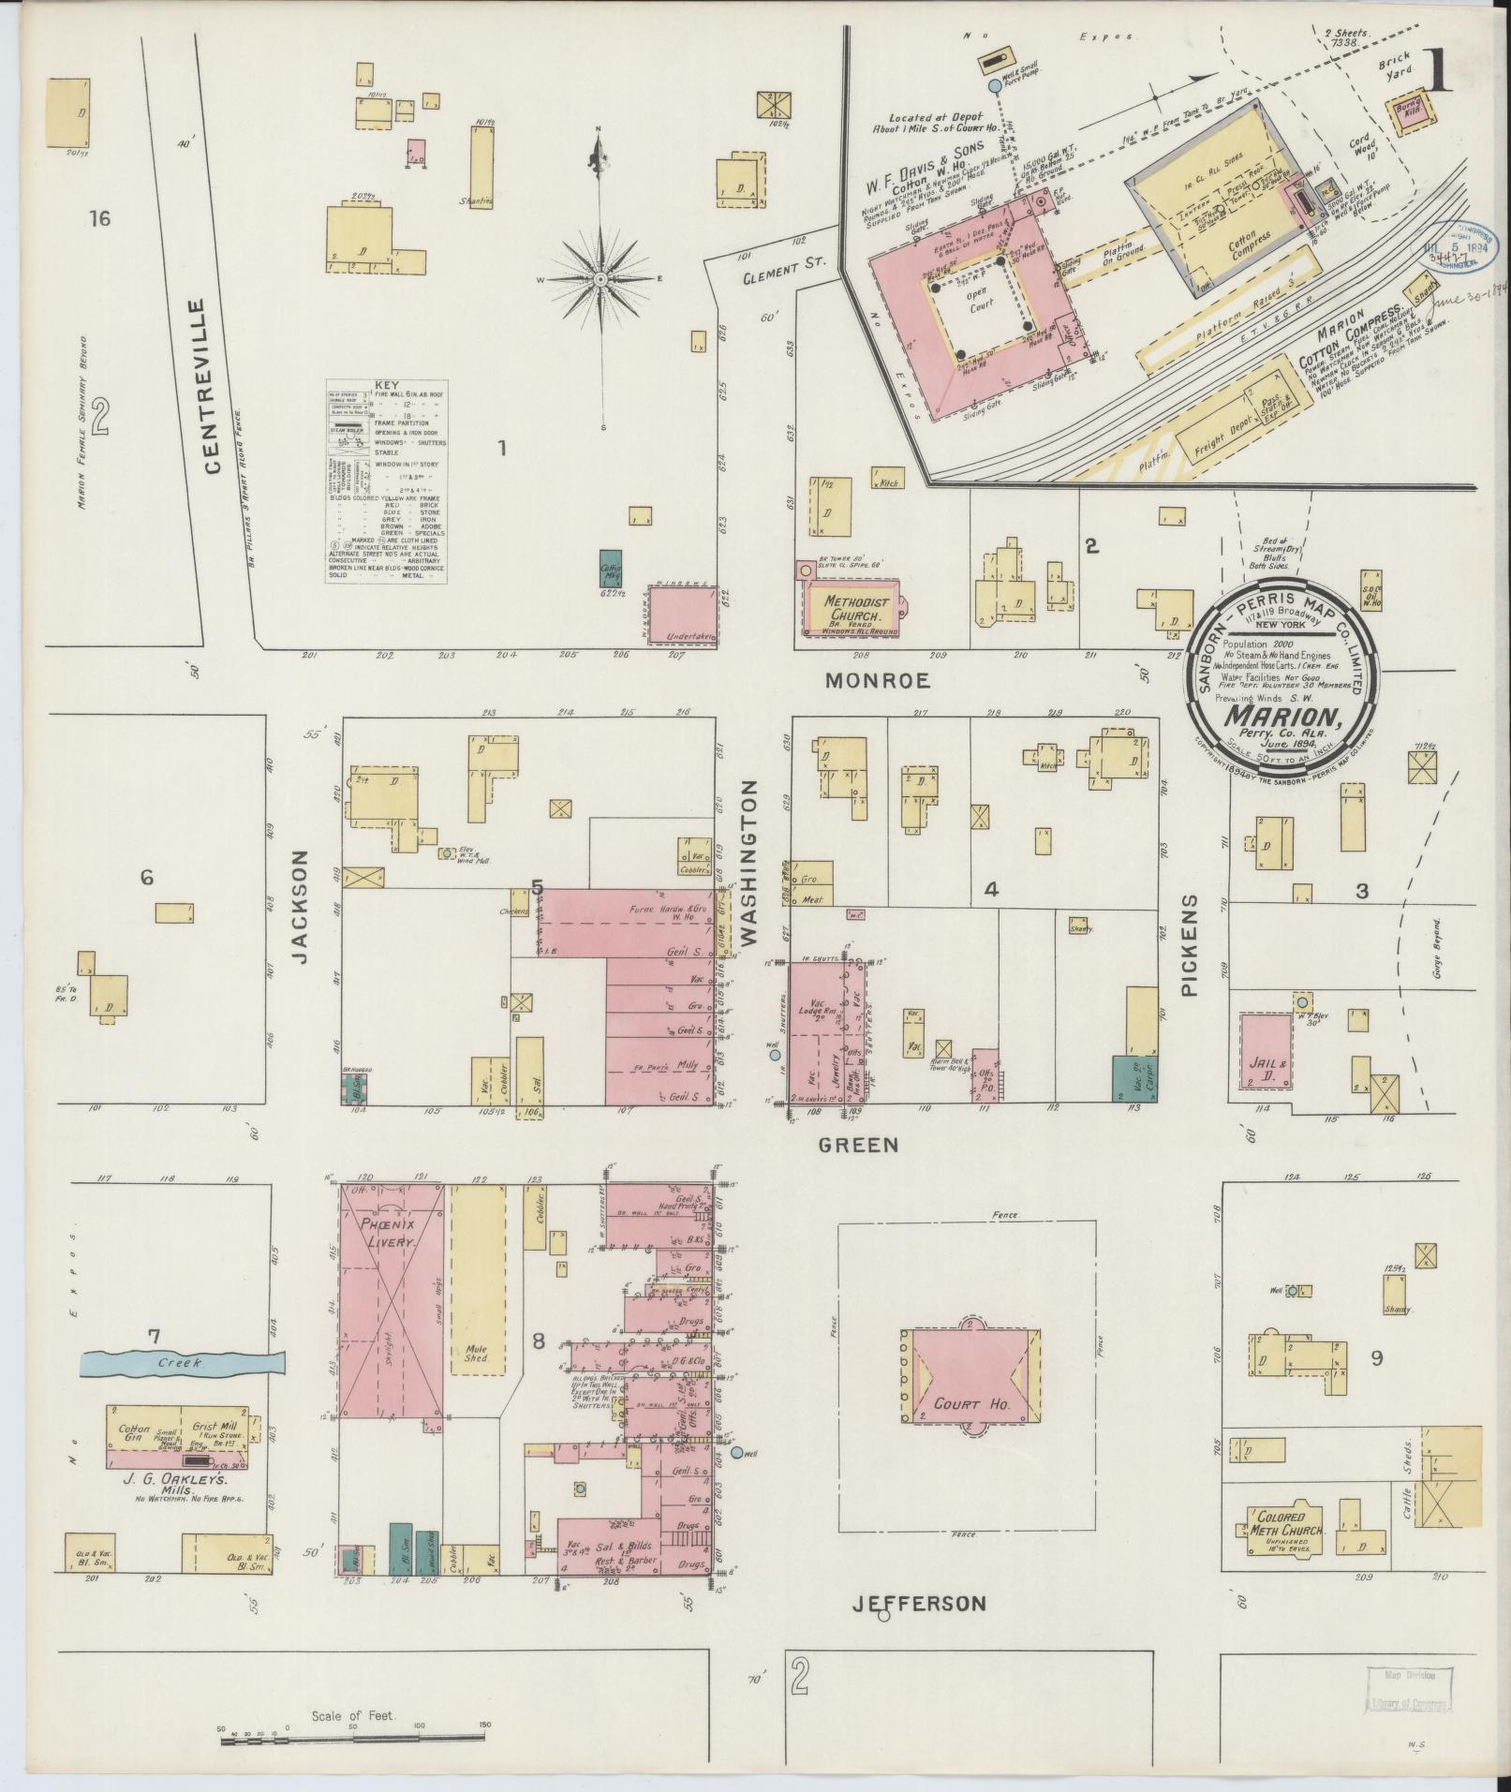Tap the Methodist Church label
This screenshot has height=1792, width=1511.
[x=851, y=609]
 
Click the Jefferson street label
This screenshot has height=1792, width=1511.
[x=919, y=1604]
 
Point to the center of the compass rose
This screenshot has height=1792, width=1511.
[x=600, y=279]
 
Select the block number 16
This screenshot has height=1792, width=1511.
[x=99, y=219]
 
